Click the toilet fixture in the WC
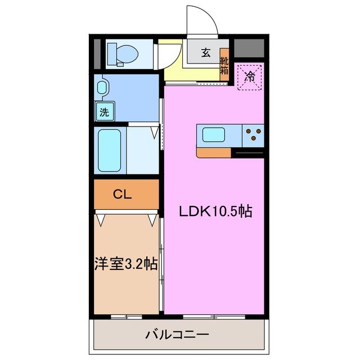(123, 54)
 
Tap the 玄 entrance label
(205, 53)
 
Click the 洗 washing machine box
(105, 111)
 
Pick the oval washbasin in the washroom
(101, 88)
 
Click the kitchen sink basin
(214, 135)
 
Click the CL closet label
(122, 195)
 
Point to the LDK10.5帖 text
(215, 212)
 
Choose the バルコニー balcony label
(177, 335)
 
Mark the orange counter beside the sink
(213, 152)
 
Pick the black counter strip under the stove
(247, 152)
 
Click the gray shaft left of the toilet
(97, 54)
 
